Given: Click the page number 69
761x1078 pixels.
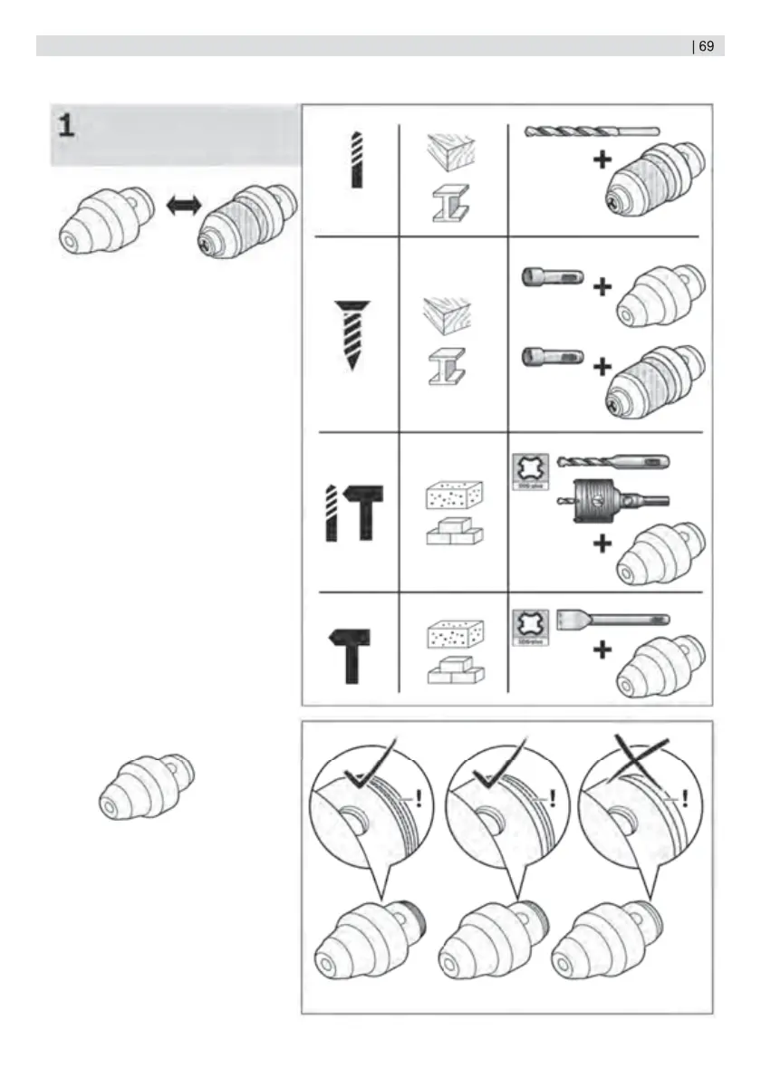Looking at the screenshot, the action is click(x=707, y=46).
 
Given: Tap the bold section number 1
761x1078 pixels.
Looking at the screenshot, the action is click(x=66, y=125).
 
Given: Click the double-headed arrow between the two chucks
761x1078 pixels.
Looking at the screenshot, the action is click(x=185, y=207).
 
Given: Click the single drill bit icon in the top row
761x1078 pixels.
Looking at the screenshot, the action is click(x=356, y=159).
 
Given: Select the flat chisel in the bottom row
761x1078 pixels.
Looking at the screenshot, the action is click(x=612, y=622).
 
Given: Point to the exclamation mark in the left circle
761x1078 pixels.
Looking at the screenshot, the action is click(x=420, y=799).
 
